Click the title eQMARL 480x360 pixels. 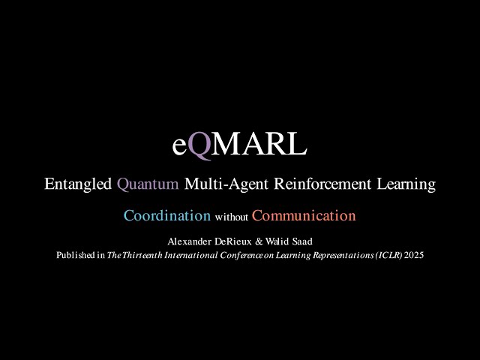click(x=239, y=145)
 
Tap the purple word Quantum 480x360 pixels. click(x=148, y=184)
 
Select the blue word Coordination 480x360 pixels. click(x=167, y=216)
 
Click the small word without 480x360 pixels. click(x=231, y=217)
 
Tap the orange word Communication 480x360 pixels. click(x=304, y=216)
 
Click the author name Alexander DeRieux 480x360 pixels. click(x=204, y=241)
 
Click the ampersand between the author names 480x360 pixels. click(x=246, y=241)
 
